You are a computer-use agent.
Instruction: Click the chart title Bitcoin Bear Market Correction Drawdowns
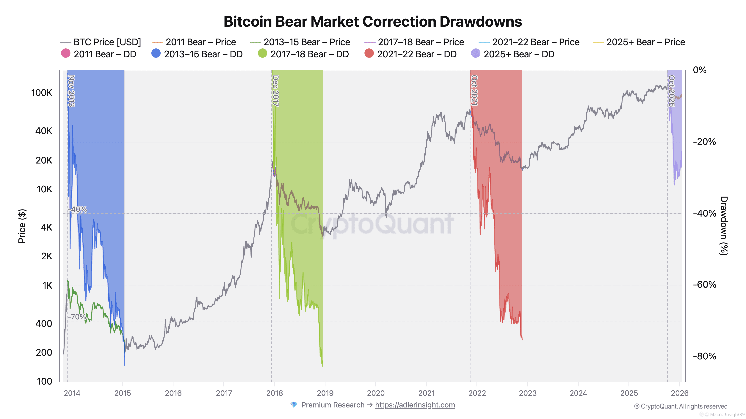(x=373, y=22)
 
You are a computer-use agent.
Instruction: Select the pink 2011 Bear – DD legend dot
(x=66, y=53)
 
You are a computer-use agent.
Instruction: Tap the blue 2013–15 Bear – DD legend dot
(x=156, y=53)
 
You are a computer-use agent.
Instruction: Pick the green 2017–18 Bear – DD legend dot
(x=262, y=53)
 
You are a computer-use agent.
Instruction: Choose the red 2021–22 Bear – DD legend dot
(x=369, y=53)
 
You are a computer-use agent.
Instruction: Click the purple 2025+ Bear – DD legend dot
(x=476, y=53)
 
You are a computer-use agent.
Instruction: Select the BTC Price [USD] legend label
(x=107, y=42)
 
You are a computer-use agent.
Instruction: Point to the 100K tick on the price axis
(x=42, y=93)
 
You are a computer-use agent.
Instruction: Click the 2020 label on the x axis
(x=376, y=393)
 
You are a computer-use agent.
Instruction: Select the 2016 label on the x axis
(x=173, y=393)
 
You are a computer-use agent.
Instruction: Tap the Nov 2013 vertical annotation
(x=71, y=91)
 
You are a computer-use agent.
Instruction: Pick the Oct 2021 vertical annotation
(x=474, y=90)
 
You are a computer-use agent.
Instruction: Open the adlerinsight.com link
(x=415, y=405)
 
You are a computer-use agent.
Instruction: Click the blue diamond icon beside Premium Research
(x=294, y=405)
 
